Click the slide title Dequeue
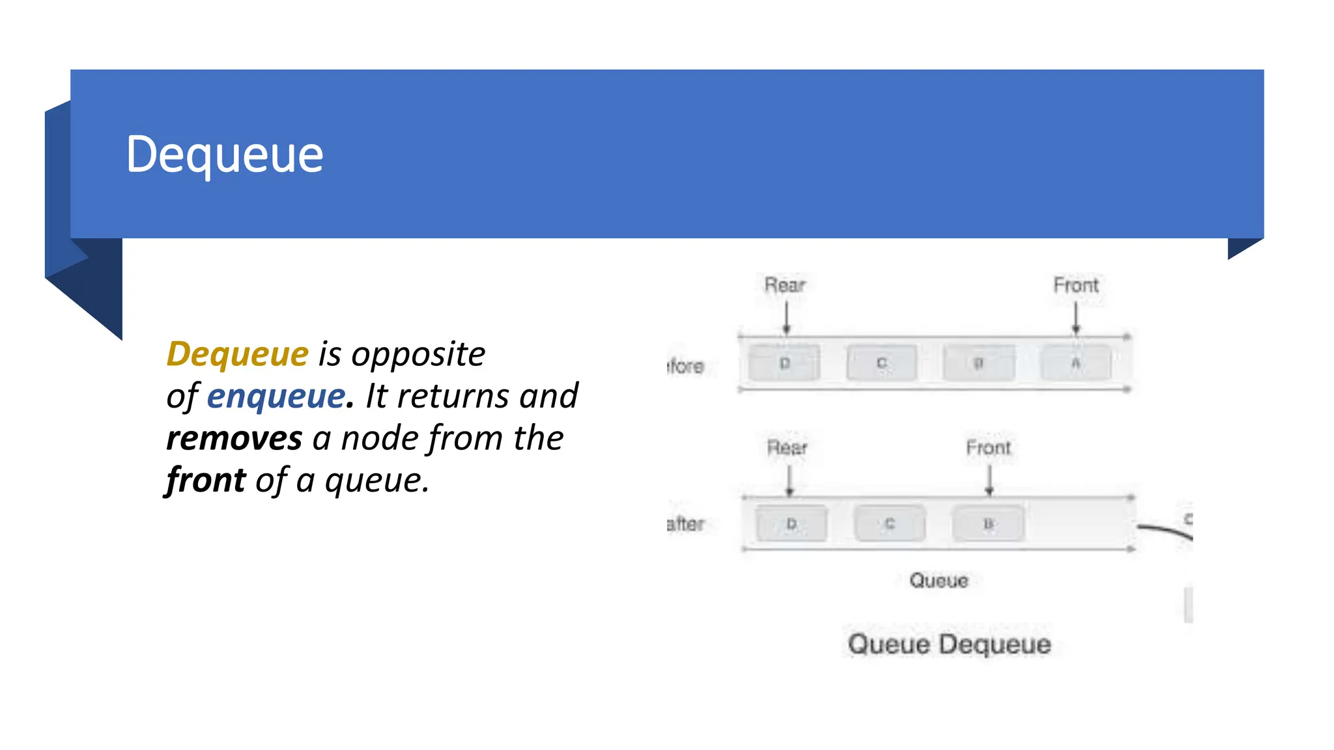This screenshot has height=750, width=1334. coord(224,155)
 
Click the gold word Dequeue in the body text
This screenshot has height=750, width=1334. coord(237,354)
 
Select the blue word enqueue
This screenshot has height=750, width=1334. coord(276,396)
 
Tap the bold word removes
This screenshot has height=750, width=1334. coord(234,438)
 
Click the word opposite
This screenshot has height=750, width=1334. coord(418,354)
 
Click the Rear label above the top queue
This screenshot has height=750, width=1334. coord(785,285)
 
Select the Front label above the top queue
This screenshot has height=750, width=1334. coord(1076,285)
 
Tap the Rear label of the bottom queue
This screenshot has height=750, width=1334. coord(787,448)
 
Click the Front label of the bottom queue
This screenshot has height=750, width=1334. coord(988,448)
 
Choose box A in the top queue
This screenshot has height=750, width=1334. coord(1076,363)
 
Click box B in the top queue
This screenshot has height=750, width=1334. coord(978,363)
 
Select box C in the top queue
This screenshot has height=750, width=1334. coord(881,363)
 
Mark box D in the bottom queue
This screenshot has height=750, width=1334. coord(791,523)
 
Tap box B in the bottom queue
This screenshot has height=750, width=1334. coord(988,523)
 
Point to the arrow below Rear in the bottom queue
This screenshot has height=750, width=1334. coord(789,481)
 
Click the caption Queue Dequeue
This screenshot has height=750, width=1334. coord(949,645)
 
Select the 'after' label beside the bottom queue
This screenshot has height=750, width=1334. coord(686,523)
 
